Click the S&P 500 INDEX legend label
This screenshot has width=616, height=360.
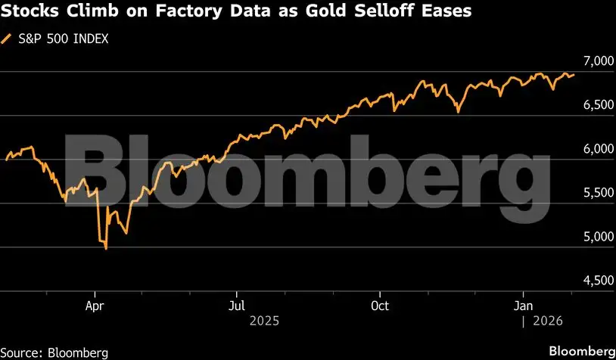point(61,39)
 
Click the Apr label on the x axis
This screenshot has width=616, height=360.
point(95,306)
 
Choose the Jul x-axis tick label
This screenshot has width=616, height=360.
point(237,306)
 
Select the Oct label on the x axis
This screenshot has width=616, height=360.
point(380,306)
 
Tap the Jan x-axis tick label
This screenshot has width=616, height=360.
point(522,306)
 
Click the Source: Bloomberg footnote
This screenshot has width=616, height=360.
point(54,352)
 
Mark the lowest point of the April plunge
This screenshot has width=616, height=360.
point(105,249)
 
